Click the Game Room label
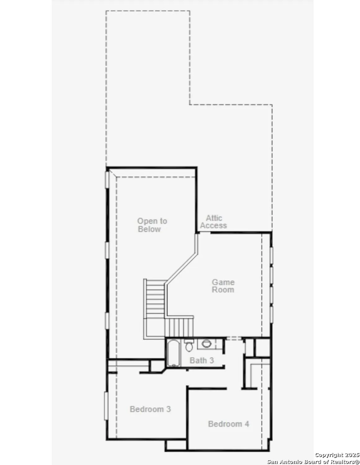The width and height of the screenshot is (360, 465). click(223, 286)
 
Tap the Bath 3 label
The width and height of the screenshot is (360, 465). click(202, 361)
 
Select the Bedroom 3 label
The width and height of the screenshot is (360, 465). click(150, 409)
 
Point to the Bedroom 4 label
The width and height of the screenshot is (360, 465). click(229, 424)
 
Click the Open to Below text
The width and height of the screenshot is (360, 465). click(152, 225)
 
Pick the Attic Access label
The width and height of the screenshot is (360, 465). click(213, 222)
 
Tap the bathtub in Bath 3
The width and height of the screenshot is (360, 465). click(173, 353)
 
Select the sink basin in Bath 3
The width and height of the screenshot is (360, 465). click(207, 343)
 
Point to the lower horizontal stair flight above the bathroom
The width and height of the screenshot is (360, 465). click(179, 327)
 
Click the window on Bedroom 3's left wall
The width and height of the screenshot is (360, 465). click(106, 406)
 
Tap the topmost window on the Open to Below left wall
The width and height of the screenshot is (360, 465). click(107, 179)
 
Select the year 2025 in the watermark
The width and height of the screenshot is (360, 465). click(352, 455)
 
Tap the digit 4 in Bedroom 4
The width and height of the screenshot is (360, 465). click(247, 424)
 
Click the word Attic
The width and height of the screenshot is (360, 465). click(214, 218)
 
